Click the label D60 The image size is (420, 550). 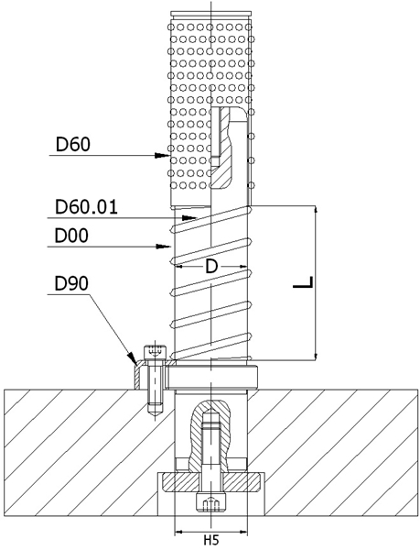73,144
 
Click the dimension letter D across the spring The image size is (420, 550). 210,266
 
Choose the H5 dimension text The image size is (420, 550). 210,541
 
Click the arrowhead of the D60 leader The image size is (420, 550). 168,157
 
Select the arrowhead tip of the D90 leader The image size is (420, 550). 134,361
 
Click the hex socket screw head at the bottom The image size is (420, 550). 211,503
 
